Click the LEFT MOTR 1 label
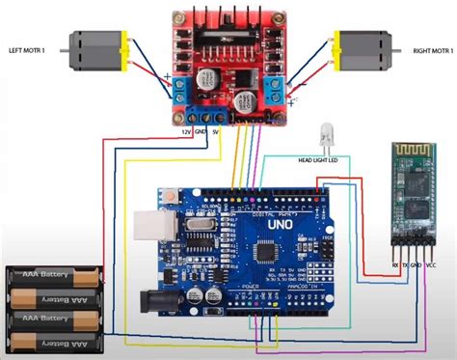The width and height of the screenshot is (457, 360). coord(32,50)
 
